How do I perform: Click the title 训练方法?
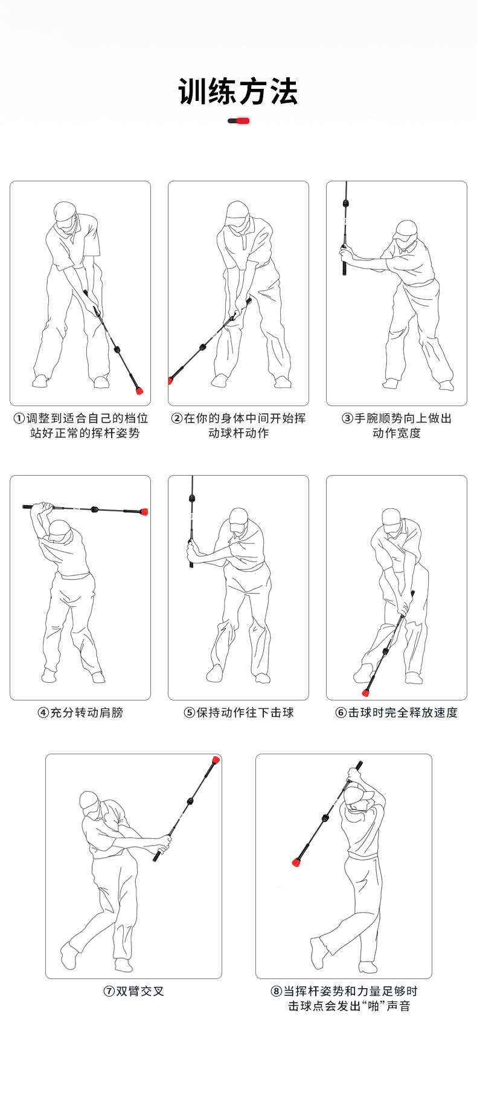pos(238,92)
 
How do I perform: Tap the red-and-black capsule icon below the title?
pos(238,121)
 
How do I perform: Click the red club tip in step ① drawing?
pos(139,390)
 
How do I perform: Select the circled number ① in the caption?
pos(19,418)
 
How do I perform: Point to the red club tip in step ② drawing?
pos(170,380)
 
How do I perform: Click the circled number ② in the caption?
pos(177,418)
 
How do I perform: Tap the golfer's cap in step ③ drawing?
pos(405,229)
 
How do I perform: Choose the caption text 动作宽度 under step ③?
pos(396,433)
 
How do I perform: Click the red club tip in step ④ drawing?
pos(144,511)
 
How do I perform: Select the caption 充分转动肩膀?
pos(86,713)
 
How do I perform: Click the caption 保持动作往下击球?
pos(245,713)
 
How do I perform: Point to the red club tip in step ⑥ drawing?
pos(366,692)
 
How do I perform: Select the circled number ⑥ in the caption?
pos(341,713)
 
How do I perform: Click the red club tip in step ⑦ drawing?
pos(216,760)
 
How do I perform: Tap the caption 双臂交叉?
pos(140,991)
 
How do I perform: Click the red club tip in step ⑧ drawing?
pos(296,862)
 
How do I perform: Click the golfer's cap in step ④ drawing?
pos(60,530)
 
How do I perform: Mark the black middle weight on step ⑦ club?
pos(191,801)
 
